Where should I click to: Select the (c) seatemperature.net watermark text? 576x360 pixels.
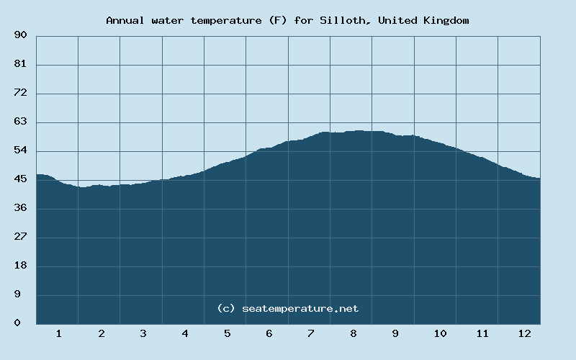coord(287,308)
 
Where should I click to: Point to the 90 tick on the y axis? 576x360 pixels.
coord(20,35)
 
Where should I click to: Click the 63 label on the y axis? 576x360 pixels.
coord(20,122)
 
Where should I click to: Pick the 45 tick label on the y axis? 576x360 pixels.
coord(20,179)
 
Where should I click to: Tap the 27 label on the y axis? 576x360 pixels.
coord(20,237)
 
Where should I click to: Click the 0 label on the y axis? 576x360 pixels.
coord(17,323)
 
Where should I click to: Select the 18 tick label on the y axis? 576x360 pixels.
coord(20,266)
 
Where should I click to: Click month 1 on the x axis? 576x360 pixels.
coord(59,333)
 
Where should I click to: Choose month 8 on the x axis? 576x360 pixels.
coord(354,333)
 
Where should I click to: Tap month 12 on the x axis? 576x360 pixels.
coord(524,333)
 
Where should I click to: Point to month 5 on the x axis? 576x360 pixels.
coord(228,333)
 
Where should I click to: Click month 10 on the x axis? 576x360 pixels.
coord(440,333)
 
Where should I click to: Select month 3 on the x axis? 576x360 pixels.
coord(143,333)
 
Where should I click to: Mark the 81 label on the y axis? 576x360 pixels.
coord(20,64)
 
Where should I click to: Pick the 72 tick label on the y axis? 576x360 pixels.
coord(20,93)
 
